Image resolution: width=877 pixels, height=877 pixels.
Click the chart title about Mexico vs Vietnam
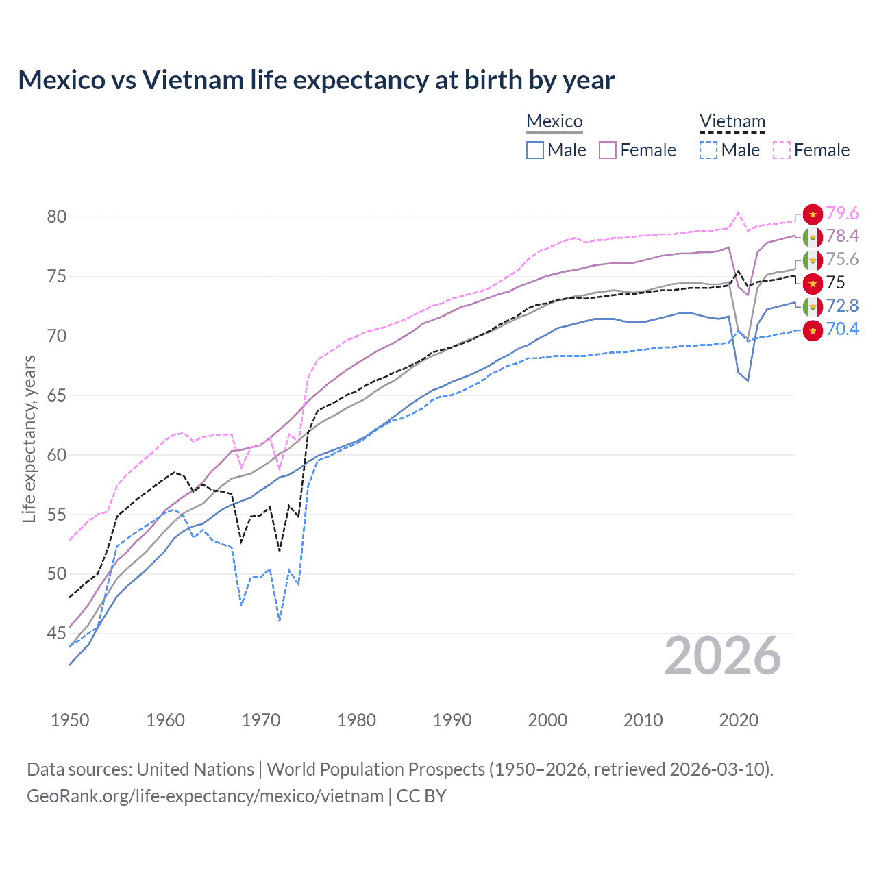pyautogui.click(x=316, y=80)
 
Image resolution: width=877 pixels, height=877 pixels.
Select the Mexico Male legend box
pyautogui.click(x=535, y=150)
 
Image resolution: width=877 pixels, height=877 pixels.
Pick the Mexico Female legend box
pyautogui.click(x=608, y=150)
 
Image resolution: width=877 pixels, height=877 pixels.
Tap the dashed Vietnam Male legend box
pyautogui.click(x=708, y=150)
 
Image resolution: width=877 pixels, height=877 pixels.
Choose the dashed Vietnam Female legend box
pyautogui.click(x=782, y=150)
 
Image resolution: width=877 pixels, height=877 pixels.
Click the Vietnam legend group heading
pyautogui.click(x=732, y=122)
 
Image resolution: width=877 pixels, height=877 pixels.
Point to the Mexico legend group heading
pyautogui.click(x=554, y=122)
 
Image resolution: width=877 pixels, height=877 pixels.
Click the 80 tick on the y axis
pyautogui.click(x=57, y=217)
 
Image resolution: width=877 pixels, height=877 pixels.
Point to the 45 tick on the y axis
pyautogui.click(x=57, y=633)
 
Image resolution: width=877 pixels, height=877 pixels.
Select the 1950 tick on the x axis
pyautogui.click(x=70, y=720)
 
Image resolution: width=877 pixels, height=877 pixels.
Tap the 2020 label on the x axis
pyautogui.click(x=739, y=720)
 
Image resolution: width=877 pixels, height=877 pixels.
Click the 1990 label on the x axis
pyautogui.click(x=452, y=720)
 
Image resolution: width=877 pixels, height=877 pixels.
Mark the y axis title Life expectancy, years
pyautogui.click(x=29, y=438)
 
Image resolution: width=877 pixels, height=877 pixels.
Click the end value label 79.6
pyautogui.click(x=842, y=214)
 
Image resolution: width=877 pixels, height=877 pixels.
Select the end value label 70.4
pyautogui.click(x=842, y=329)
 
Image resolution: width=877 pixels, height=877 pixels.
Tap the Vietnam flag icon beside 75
pyautogui.click(x=813, y=283)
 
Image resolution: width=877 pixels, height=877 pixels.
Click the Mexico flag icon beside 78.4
pyautogui.click(x=813, y=236)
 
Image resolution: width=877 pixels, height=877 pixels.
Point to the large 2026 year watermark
pyautogui.click(x=722, y=656)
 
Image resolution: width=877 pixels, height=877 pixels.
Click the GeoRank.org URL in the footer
pyautogui.click(x=205, y=796)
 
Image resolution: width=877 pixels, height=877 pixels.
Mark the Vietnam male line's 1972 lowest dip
pyautogui.click(x=280, y=620)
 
